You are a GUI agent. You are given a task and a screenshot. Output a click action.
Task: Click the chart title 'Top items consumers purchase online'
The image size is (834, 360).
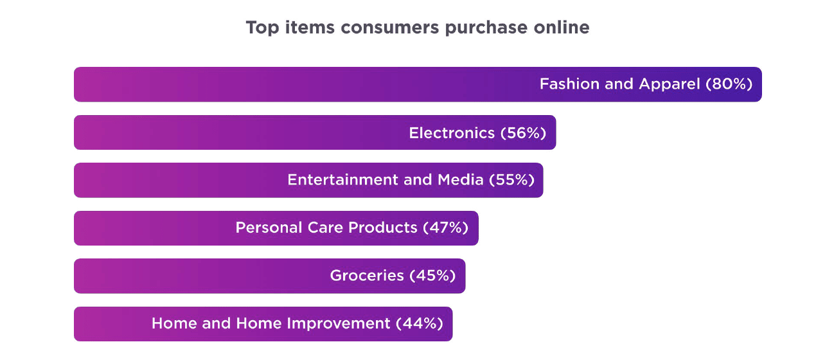coord(418,28)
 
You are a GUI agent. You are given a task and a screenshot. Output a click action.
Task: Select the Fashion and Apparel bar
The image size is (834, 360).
coord(418,84)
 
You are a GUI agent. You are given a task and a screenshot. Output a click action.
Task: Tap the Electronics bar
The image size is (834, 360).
coord(315,132)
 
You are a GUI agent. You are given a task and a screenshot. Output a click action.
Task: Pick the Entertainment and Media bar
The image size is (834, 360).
coord(308,180)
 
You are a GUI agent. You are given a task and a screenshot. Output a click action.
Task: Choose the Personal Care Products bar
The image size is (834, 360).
coord(276,228)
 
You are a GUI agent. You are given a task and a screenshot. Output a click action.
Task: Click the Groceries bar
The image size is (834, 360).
coord(270,276)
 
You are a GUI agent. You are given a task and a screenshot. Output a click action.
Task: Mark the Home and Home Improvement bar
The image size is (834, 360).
coord(263,324)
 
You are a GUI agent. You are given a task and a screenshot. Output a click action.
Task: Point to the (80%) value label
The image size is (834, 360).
coord(729,84)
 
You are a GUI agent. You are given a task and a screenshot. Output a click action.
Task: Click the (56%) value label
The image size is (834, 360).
coord(524,133)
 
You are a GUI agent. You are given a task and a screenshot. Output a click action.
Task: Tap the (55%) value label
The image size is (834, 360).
coord(511,180)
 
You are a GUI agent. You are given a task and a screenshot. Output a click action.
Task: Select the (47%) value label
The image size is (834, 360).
coord(446,228)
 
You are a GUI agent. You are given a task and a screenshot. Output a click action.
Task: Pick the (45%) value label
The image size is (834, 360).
coord(432,276)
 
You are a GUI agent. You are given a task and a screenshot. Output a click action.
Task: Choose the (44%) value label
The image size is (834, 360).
coord(420,323)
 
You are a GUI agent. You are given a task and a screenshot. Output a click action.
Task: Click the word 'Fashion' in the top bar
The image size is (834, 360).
coord(569,84)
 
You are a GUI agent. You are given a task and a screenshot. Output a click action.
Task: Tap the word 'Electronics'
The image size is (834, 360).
coord(452,133)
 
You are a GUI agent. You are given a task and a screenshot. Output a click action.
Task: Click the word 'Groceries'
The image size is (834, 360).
coord(367,276)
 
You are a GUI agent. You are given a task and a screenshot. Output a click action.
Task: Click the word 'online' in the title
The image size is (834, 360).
coord(562,28)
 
